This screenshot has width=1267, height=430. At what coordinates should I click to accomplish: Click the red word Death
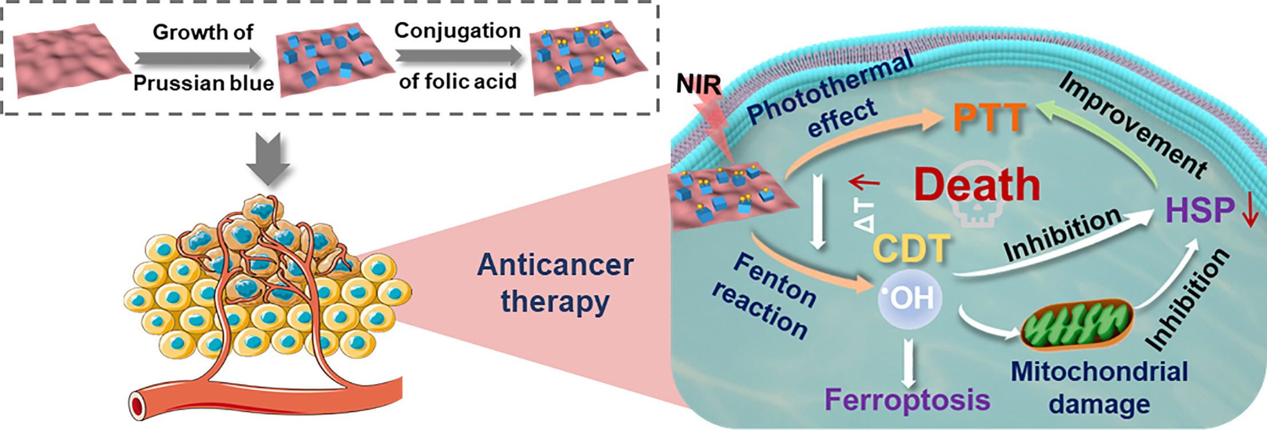click(977, 185)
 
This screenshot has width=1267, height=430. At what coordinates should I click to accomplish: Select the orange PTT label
click(989, 118)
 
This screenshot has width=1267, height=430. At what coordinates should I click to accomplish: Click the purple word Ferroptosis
click(907, 400)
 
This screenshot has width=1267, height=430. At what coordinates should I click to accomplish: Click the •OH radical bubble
click(909, 298)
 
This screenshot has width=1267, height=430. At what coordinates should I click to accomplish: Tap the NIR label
click(698, 85)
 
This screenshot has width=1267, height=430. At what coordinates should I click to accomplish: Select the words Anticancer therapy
click(555, 283)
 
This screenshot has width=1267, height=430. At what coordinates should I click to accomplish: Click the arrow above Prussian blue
click(198, 58)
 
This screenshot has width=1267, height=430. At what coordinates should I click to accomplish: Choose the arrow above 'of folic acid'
click(458, 56)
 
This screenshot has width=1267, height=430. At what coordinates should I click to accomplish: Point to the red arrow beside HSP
click(1249, 212)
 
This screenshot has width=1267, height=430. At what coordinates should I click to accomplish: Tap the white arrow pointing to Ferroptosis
click(907, 363)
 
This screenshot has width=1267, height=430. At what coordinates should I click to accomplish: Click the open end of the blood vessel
click(137, 406)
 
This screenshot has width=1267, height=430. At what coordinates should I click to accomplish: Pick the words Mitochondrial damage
click(1099, 388)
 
